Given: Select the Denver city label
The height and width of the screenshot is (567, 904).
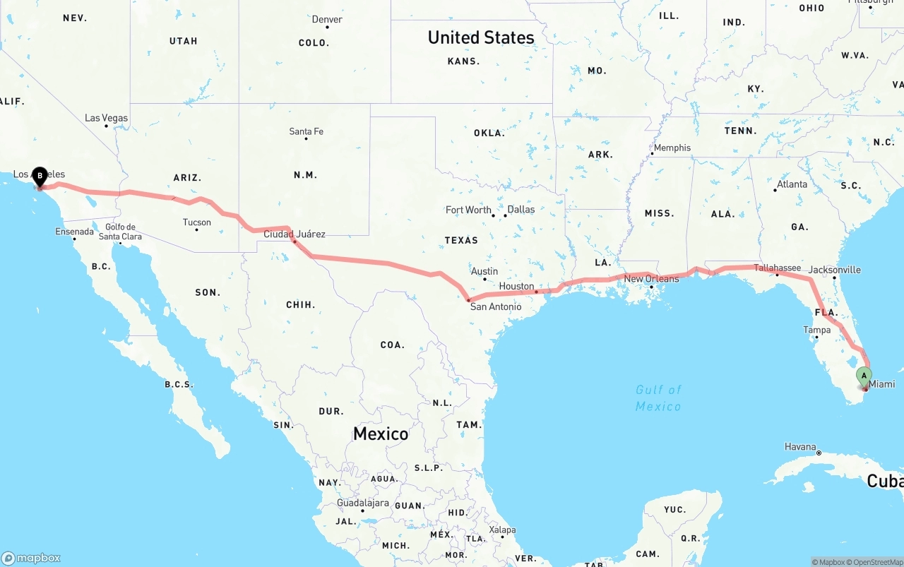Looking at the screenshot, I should [327, 19].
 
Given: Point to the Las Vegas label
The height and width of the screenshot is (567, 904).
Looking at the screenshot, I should [107, 118].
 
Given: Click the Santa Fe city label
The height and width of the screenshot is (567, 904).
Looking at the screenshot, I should [307, 131].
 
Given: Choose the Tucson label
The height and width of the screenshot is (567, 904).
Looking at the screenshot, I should [197, 222].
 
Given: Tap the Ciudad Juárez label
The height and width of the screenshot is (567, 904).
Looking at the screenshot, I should [295, 234].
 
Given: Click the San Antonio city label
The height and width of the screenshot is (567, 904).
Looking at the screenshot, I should [496, 306].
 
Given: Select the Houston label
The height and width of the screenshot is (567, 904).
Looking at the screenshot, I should [516, 286].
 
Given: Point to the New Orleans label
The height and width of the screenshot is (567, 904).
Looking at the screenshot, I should [651, 279].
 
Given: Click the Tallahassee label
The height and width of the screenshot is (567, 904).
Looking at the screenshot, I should [777, 268].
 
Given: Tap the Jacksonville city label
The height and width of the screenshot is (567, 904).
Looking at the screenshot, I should [835, 270].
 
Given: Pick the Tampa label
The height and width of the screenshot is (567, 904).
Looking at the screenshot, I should [816, 330].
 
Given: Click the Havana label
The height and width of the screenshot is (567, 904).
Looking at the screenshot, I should [800, 447].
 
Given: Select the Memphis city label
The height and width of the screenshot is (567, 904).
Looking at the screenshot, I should [672, 148].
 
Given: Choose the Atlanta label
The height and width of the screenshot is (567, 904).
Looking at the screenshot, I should [792, 184].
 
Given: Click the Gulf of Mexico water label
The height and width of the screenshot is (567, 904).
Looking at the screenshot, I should [658, 398].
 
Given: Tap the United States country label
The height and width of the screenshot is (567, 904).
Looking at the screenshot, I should [481, 37].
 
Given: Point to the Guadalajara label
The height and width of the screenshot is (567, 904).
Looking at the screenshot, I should [363, 503].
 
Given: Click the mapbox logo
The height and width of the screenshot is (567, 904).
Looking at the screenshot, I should [31, 558].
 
